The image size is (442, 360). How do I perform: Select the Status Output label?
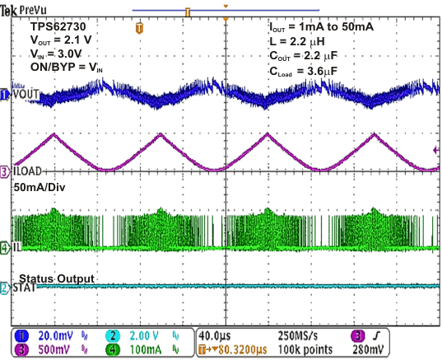[56, 278]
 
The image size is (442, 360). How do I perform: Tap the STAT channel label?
[25, 288]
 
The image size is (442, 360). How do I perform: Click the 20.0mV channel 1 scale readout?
[55, 336]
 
